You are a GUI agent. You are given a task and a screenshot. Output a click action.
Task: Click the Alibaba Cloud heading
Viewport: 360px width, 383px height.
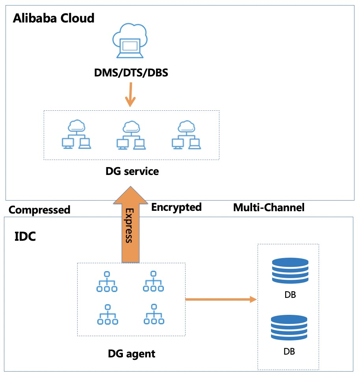[x=54, y=19]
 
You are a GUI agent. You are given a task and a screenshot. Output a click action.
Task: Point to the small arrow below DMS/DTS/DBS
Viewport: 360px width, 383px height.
[x=129, y=96]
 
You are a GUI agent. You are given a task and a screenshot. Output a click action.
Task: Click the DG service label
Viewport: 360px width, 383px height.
[x=132, y=171]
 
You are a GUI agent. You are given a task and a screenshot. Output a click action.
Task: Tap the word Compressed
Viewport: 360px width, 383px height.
[x=39, y=210]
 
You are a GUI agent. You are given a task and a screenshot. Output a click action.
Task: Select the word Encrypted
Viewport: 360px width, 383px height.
[x=176, y=207]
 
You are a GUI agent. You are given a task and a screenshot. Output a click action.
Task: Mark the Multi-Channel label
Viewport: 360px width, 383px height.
[x=269, y=208]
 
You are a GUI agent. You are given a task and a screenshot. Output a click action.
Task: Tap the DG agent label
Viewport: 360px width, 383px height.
[x=132, y=354]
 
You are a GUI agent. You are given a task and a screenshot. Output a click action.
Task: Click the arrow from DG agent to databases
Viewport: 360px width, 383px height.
[x=221, y=300]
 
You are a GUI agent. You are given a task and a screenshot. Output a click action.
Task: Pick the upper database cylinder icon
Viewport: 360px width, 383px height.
[x=289, y=271]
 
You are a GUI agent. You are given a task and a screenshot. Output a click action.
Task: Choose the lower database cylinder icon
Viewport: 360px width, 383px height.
[x=289, y=327]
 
